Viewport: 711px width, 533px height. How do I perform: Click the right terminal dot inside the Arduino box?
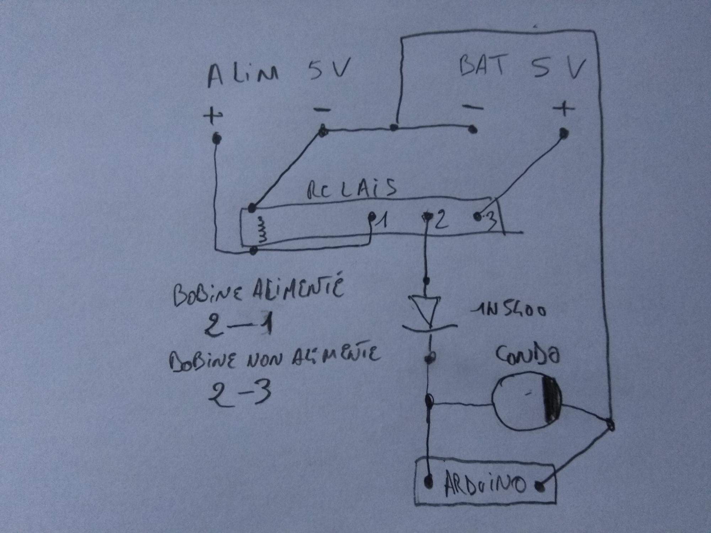541,486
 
